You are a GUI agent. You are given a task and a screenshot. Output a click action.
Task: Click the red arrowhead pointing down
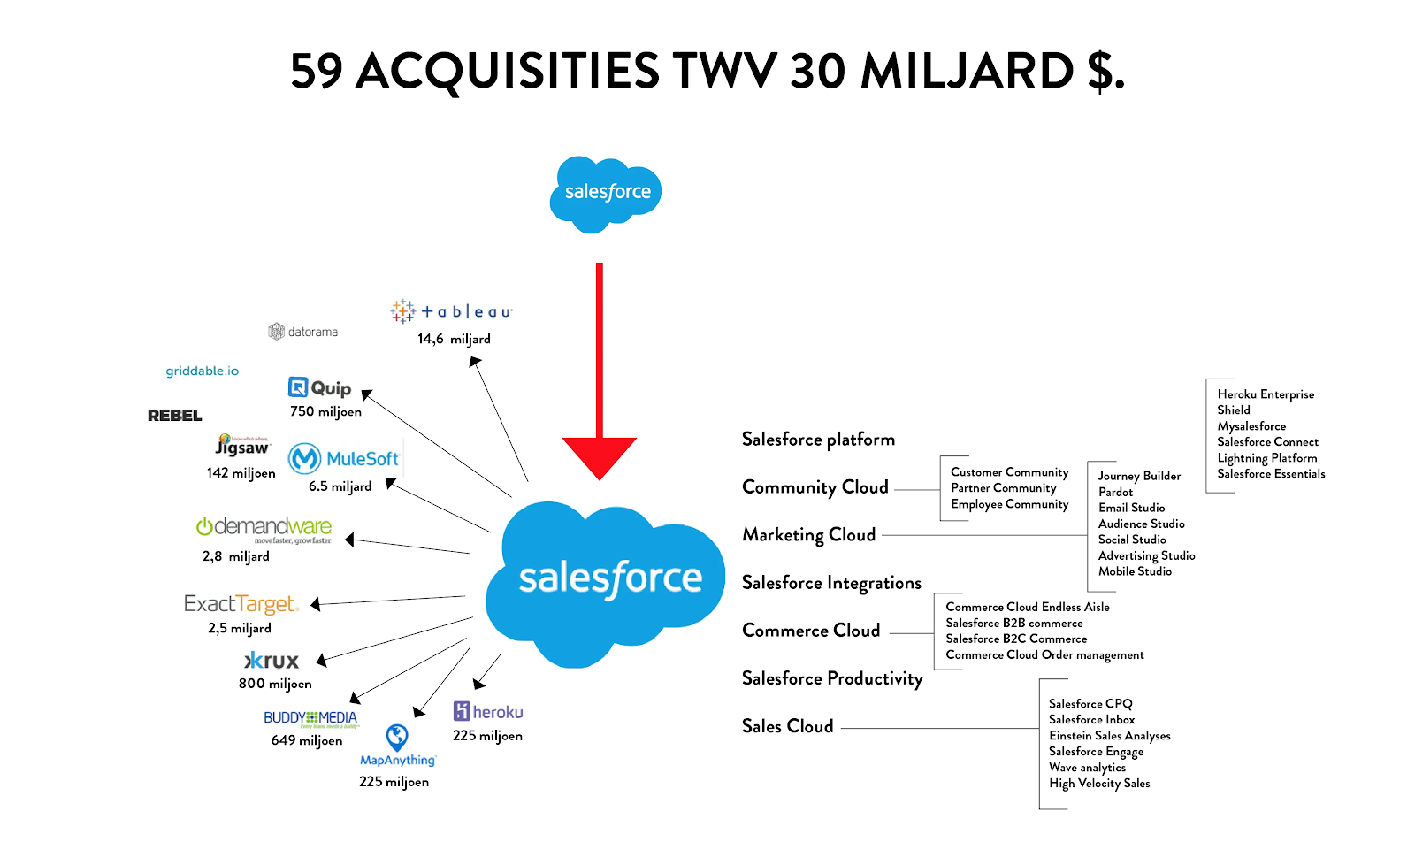point(599,455)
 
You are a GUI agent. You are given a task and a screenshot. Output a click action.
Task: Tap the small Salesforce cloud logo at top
point(607,193)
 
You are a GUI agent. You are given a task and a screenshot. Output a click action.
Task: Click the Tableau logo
point(452,311)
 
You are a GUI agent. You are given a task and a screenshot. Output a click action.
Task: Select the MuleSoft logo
point(344,459)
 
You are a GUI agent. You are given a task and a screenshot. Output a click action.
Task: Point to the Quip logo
point(320,388)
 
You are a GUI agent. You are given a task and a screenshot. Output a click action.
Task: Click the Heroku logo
point(488,712)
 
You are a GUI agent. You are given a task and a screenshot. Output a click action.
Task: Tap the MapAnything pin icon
point(397,737)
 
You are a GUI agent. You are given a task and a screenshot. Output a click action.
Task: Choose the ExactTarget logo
point(241,604)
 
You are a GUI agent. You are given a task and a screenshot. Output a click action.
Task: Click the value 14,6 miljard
point(454,339)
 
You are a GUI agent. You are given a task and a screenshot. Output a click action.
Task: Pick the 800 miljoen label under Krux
point(275,684)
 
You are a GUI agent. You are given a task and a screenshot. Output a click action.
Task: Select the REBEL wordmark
point(174,416)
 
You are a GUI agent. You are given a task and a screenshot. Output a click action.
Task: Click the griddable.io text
point(202,371)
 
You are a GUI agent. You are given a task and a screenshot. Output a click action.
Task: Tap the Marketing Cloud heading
point(808,535)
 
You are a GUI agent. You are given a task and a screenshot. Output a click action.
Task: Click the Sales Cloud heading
point(787,726)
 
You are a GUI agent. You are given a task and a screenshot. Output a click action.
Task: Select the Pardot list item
point(1115,492)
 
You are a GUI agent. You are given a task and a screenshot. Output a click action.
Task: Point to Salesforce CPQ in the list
point(1090,704)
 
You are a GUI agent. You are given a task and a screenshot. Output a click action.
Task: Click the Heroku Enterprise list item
point(1266,394)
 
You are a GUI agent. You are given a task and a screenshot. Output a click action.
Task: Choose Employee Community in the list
point(1009,504)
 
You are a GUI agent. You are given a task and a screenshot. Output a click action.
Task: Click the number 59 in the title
point(317,71)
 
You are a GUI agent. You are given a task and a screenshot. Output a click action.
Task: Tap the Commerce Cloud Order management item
point(1044,655)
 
